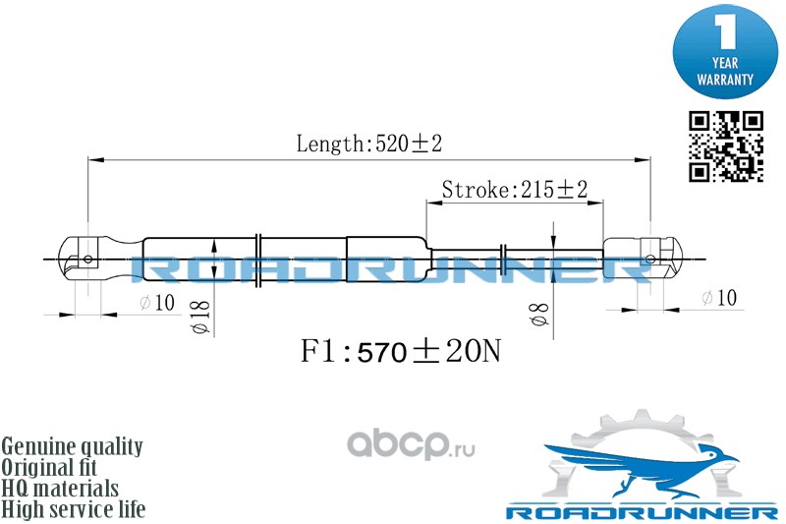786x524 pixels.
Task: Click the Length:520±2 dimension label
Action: [369, 144]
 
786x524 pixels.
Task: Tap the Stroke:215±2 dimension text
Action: [514, 190]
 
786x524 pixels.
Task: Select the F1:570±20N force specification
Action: [401, 351]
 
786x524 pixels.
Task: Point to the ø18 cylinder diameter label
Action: [200, 318]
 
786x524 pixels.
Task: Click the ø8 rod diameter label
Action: [539, 315]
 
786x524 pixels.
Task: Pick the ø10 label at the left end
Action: [157, 303]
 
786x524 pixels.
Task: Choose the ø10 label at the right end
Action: [719, 298]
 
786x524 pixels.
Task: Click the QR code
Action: [725, 146]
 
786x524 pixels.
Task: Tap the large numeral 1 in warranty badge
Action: [725, 31]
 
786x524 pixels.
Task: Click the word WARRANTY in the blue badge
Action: [725, 80]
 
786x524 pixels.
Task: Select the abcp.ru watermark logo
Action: [411, 444]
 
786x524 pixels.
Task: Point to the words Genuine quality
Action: [72, 446]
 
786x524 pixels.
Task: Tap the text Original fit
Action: [49, 467]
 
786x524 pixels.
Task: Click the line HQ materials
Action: [60, 489]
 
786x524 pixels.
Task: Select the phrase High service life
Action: [74, 509]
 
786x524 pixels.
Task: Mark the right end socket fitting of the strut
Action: [643, 259]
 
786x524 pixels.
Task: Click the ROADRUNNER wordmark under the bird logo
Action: [643, 512]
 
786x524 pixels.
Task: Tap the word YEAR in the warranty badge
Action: [725, 63]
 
